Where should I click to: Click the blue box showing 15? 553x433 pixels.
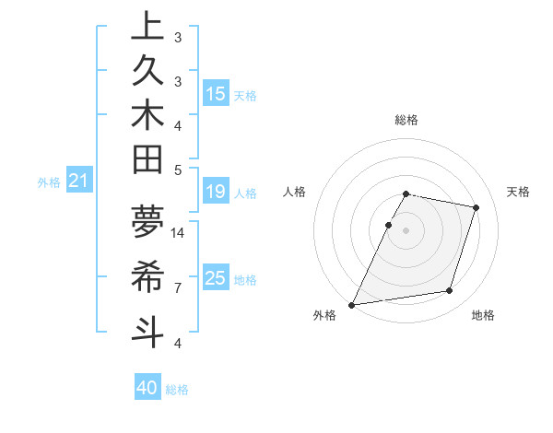click(216, 93)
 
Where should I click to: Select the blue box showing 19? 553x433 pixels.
click(216, 192)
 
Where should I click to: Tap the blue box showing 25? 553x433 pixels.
click(216, 278)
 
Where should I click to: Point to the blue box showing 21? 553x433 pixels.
click(79, 181)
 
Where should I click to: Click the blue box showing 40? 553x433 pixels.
click(147, 389)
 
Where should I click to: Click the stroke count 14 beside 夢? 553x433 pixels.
click(178, 232)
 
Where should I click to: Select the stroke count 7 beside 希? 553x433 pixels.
click(178, 288)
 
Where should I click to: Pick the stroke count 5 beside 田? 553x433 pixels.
click(178, 170)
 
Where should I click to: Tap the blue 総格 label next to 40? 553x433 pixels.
click(178, 390)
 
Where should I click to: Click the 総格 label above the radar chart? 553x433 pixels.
click(406, 120)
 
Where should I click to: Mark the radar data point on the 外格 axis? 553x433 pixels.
click(352, 305)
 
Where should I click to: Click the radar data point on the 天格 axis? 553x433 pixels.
click(477, 207)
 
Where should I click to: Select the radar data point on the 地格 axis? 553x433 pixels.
click(450, 291)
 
